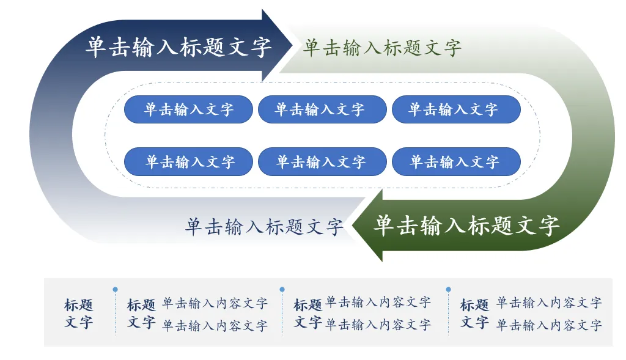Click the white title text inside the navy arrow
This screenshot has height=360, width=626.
click(x=179, y=47)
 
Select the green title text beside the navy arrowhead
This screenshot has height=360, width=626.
click(x=382, y=48)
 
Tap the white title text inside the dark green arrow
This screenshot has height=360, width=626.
click(x=466, y=226)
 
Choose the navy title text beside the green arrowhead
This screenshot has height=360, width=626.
click(x=264, y=227)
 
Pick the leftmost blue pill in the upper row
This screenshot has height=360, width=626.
click(x=188, y=109)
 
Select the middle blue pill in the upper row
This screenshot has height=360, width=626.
click(x=322, y=109)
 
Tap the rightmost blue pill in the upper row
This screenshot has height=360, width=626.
click(x=456, y=109)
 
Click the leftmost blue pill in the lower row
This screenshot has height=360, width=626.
click(x=188, y=162)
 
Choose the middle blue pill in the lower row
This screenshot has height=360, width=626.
click(x=322, y=162)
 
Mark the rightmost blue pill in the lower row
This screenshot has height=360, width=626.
click(x=456, y=162)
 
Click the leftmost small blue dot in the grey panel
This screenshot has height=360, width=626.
click(x=116, y=290)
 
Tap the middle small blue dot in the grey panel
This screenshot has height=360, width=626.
click(x=282, y=289)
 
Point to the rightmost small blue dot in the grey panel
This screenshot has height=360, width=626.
click(x=448, y=289)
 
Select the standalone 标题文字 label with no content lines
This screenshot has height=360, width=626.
click(x=79, y=313)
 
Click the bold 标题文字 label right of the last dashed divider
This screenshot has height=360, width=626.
click(x=474, y=313)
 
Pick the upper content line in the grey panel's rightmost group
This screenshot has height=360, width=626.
click(x=548, y=303)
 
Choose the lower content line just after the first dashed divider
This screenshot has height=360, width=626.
click(x=215, y=326)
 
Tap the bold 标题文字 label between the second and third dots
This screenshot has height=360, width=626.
click(x=308, y=313)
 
